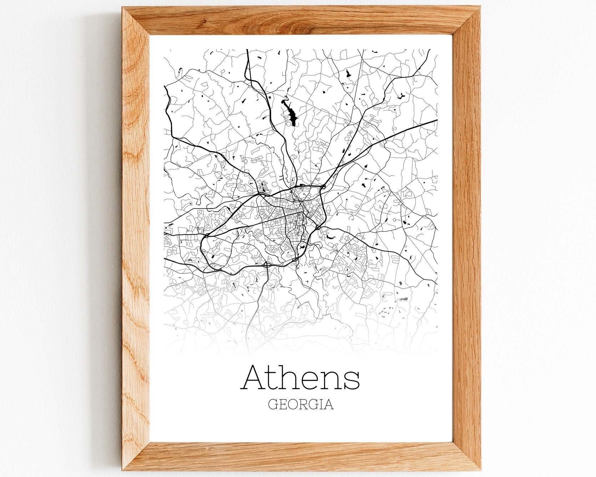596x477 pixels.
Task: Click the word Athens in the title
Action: [301, 378]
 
